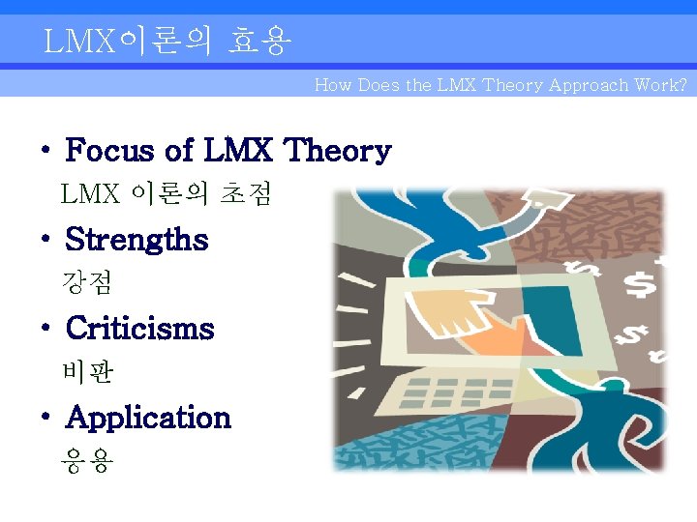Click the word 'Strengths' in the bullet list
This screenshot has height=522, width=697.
pos(136,240)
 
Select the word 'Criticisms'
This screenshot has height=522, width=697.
pos(139,329)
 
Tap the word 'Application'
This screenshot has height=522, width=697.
pos(148,418)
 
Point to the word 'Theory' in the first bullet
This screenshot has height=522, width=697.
pos(338,151)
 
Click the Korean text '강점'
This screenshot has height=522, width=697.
pos(87,282)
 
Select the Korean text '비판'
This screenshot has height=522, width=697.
pos(87,371)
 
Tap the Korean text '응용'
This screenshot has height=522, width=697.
pos(87,461)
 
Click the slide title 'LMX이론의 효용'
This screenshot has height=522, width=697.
pos(167,42)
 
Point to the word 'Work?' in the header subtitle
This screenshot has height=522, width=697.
pos(660,85)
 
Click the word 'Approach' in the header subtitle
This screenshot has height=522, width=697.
pos(590,85)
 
